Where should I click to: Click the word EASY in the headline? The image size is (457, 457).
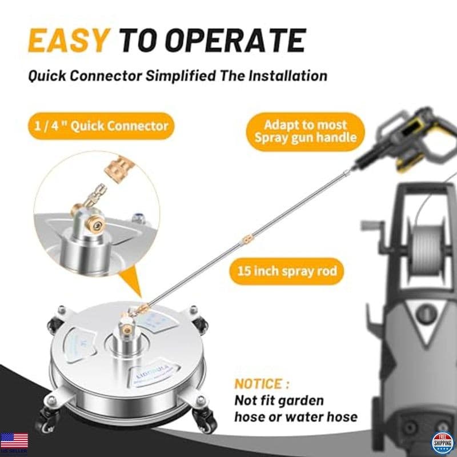coord(67,41)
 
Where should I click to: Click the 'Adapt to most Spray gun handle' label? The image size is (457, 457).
coord(305,131)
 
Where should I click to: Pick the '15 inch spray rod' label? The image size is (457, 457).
coord(287,271)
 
